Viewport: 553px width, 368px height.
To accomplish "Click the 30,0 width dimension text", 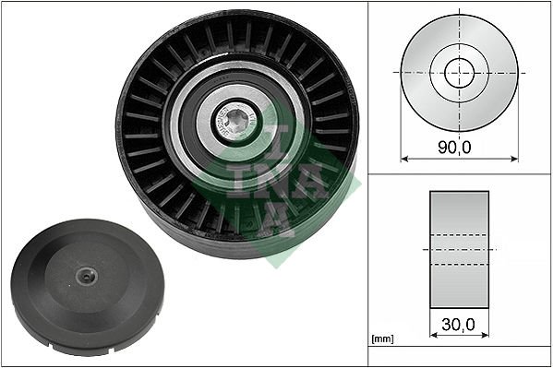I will (x=460, y=326).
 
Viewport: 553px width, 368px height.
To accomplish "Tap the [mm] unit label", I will (x=380, y=340).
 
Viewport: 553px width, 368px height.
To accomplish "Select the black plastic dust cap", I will (x=87, y=282).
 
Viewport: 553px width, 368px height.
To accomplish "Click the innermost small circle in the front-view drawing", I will (x=459, y=73).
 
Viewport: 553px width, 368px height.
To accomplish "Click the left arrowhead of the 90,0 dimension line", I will (x=404, y=158).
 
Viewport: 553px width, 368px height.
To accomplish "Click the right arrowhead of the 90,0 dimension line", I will (x=514, y=158).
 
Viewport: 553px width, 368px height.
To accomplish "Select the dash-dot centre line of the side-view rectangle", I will (x=459, y=249).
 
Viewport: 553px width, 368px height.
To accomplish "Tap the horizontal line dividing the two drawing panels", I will (x=459, y=172).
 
